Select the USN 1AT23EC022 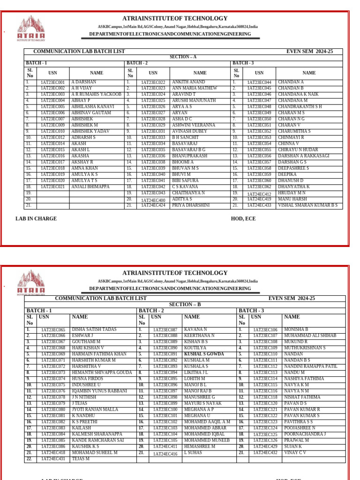(x=153, y=82)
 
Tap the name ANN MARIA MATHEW (x=195, y=88)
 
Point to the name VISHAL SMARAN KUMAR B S (x=307, y=205)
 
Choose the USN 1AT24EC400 (x=153, y=200)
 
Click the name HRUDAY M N (x=291, y=193)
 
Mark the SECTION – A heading (x=183, y=57)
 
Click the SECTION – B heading (x=185, y=305)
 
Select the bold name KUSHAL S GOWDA (x=204, y=354)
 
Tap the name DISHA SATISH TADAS (x=94, y=330)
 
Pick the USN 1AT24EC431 (x=52, y=459)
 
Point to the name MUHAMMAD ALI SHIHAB (x=310, y=336)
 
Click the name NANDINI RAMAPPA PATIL (x=310, y=367)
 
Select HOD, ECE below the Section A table (x=243, y=218)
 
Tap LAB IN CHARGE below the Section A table (x=36, y=218)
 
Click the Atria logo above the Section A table (x=31, y=29)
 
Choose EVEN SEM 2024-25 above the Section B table (x=292, y=299)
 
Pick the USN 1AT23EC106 (x=265, y=330)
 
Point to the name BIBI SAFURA (x=185, y=180)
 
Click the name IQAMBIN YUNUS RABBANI (x=99, y=391)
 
